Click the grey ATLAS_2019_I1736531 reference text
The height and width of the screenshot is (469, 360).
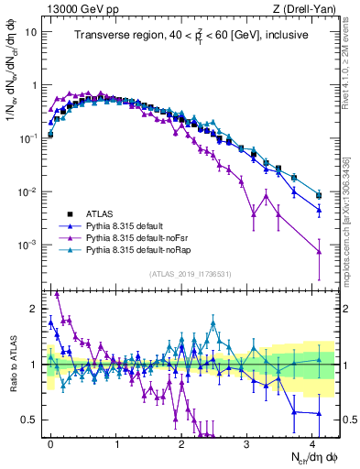tap(191, 275)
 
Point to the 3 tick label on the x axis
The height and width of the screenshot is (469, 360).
tap(247, 442)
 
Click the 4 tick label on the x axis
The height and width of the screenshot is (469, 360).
tap(312, 442)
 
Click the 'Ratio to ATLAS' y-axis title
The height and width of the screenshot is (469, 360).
tap(12, 364)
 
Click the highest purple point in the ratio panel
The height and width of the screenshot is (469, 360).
tap(57, 294)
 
